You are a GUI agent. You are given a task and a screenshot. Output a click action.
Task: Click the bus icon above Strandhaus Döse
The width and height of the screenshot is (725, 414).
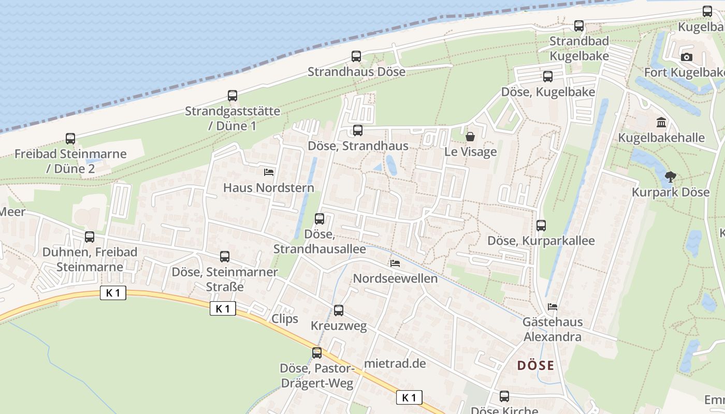356,56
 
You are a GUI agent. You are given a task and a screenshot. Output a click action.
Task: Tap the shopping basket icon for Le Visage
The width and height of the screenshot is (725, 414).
470,137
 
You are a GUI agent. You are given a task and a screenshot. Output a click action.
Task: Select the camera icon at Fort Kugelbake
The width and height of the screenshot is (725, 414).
687,57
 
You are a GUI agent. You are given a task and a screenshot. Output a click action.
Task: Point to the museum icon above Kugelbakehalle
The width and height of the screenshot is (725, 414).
661,123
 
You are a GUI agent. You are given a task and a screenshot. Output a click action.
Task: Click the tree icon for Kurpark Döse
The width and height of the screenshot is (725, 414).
671,177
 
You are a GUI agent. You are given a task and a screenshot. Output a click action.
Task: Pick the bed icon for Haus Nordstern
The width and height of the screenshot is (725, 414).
269,172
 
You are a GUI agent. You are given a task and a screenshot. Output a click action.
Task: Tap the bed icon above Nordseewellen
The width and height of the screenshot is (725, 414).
395,263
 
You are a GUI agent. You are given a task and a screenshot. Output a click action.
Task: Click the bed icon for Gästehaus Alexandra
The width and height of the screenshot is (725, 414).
553,306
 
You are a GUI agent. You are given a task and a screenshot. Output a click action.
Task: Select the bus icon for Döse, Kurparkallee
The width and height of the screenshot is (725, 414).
541,226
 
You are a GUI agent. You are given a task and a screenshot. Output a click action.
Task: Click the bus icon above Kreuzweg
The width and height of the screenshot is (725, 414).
339,310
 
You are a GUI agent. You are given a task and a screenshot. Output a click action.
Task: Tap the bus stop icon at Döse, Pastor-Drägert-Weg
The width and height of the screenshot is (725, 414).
317,353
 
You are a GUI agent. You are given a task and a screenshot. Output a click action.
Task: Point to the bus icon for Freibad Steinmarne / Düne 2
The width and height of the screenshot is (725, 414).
70,139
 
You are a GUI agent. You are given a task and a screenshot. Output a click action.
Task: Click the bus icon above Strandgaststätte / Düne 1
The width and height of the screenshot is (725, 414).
233,96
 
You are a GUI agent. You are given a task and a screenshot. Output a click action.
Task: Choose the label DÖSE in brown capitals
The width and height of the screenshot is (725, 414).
535,365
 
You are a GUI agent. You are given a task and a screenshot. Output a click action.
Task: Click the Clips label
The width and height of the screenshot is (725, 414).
285,318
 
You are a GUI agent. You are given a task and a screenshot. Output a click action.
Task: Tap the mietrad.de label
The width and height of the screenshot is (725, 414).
395,363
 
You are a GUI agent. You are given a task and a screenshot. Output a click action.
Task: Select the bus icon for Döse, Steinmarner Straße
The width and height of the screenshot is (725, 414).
225,257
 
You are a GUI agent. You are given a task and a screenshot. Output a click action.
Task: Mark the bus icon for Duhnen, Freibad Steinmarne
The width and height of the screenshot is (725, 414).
90,237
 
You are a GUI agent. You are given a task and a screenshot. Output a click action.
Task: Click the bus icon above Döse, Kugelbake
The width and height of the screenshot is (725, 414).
548,77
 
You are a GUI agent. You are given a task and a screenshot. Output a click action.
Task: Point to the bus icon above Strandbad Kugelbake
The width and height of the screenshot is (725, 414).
579,26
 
